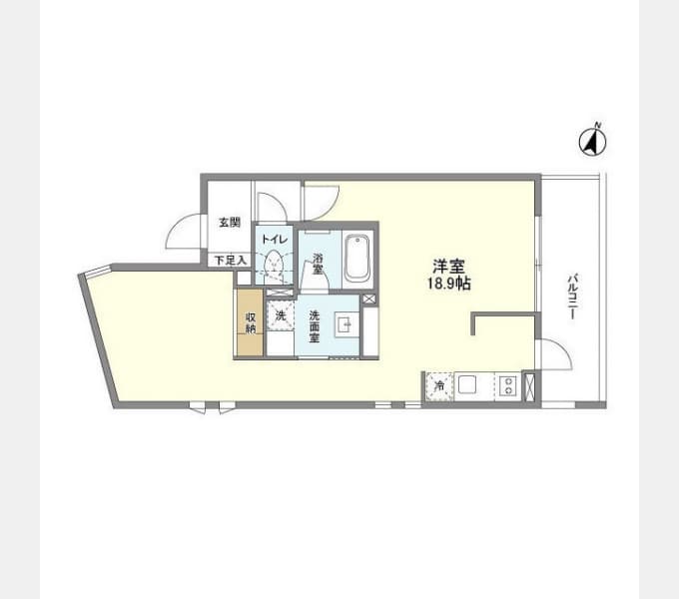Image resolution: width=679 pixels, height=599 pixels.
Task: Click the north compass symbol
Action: click(x=593, y=141)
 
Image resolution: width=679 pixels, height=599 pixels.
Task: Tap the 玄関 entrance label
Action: click(x=229, y=223)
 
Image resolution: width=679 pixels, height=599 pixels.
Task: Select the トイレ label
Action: click(x=275, y=239)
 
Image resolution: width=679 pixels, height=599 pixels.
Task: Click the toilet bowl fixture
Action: click(x=274, y=263)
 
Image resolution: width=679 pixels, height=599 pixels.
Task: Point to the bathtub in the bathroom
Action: click(x=357, y=260)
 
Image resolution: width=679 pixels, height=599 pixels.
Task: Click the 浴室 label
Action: click(x=318, y=264)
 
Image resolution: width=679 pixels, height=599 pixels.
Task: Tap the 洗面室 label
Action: click(x=314, y=326)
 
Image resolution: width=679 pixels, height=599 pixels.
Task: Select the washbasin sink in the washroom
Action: click(x=345, y=325)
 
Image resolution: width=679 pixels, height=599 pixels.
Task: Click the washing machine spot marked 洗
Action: click(x=281, y=315)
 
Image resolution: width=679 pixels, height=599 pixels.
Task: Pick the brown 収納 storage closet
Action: click(x=250, y=322)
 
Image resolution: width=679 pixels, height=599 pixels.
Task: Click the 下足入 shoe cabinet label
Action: click(x=231, y=261)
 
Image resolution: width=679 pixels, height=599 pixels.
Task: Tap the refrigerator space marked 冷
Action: click(x=439, y=385)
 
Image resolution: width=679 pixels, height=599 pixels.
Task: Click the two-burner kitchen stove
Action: click(x=507, y=385)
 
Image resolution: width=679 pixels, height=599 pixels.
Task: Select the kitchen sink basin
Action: click(x=467, y=384)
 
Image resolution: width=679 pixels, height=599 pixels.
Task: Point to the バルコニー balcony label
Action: click(x=572, y=297)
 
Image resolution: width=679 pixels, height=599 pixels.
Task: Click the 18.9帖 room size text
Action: click(x=449, y=284)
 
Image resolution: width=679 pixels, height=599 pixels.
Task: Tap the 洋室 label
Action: click(x=449, y=266)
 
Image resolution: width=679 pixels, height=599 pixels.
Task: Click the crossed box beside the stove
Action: click(x=529, y=385)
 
